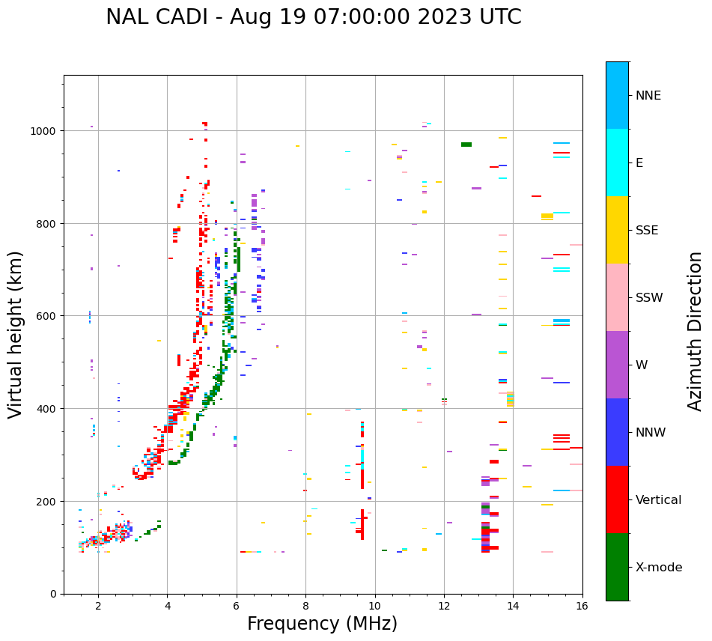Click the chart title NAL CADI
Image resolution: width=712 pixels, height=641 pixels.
pos(313,17)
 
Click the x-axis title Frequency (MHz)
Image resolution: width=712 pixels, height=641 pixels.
pos(322,624)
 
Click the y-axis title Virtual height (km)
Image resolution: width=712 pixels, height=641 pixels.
pos(16,335)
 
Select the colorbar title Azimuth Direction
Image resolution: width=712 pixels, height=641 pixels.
pos(696,331)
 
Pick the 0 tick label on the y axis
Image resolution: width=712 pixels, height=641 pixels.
pos(55,594)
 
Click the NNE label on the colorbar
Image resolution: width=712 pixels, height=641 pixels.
pos(648,96)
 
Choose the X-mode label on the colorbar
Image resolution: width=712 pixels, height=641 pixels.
pos(659,568)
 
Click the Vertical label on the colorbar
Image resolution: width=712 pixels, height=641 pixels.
pos(658,500)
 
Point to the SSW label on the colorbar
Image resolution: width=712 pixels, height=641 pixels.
pos(649,298)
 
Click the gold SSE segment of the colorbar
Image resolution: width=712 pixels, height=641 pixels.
pos(617,230)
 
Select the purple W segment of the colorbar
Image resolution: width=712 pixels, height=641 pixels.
pos(617,365)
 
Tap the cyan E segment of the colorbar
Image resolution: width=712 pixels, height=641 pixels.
pos(617,162)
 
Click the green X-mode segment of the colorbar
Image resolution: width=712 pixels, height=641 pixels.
pos(617,567)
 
